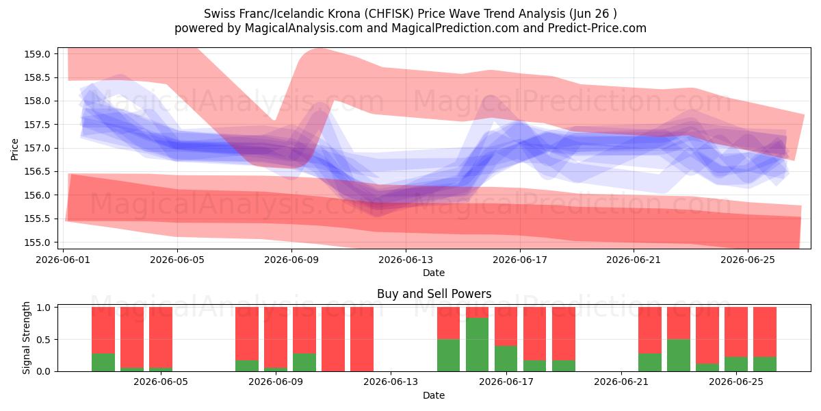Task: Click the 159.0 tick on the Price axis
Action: click(x=37, y=54)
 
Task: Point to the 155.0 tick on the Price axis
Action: click(x=37, y=242)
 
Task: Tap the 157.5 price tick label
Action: click(x=37, y=125)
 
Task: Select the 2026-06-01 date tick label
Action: click(x=63, y=260)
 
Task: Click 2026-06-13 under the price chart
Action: click(x=406, y=260)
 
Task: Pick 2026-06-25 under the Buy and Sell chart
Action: click(x=736, y=382)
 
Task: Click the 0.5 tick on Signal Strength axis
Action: click(x=44, y=340)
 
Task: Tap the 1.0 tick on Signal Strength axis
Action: click(x=44, y=308)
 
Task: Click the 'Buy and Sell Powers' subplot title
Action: click(x=434, y=294)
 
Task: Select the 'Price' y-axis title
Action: click(x=14, y=149)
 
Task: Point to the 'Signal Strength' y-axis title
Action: click(x=26, y=338)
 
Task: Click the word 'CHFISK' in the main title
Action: click(x=391, y=14)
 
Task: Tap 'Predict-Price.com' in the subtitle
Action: click(x=597, y=28)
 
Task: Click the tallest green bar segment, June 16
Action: click(x=478, y=345)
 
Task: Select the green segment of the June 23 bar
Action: click(x=679, y=356)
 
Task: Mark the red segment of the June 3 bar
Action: click(x=132, y=337)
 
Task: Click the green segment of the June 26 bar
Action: click(x=765, y=364)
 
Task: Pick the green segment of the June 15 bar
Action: click(x=448, y=356)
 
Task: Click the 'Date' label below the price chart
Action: click(x=434, y=273)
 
